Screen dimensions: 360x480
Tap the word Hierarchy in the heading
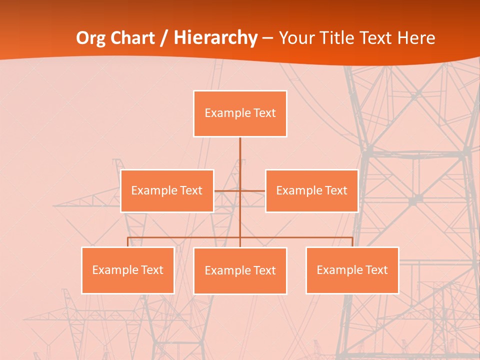pos(215,38)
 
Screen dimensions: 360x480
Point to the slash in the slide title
pos(164,38)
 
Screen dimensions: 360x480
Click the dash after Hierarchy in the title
pos(268,38)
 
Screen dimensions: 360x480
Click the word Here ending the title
pos(416,38)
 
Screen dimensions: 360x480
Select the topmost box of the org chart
pos(240,113)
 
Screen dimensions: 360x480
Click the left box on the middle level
pos(167,190)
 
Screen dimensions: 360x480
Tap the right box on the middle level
pos(311,190)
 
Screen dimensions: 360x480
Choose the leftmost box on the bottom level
pos(127,270)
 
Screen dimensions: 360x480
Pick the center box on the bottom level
pos(240,270)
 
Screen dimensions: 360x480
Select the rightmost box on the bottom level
pos(352,270)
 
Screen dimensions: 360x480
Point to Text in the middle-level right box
pos(336,190)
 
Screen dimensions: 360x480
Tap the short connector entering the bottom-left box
pos(127,242)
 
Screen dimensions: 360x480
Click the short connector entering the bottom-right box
pos(352,242)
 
